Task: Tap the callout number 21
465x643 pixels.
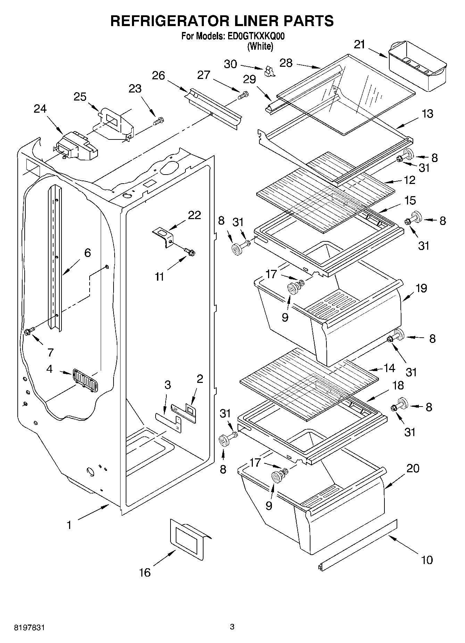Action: point(360,45)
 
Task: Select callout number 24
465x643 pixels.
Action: point(40,109)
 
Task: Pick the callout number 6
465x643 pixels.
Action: point(88,253)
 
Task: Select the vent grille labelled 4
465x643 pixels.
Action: point(85,380)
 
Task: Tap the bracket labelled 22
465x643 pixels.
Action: point(165,237)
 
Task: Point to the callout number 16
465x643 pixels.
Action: point(145,572)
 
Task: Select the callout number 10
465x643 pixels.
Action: point(427,560)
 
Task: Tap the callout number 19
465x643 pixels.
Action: point(421,288)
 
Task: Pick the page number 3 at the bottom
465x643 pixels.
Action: point(232,627)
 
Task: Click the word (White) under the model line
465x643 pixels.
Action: point(260,46)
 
